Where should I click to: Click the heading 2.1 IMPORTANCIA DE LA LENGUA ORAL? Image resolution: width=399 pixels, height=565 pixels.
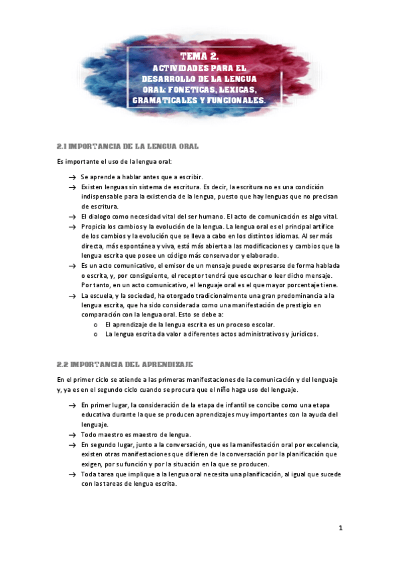(128, 145)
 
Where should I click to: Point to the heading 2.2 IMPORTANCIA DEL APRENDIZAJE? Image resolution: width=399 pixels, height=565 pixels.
(125, 364)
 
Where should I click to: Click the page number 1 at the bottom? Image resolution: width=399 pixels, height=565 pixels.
(340, 528)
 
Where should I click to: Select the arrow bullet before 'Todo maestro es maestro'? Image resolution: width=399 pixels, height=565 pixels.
(71, 434)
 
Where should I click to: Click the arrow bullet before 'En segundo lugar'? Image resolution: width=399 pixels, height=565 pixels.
(71, 444)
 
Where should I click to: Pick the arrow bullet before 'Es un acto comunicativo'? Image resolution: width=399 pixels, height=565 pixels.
(71, 265)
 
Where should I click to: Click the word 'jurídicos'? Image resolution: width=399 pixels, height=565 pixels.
(303, 334)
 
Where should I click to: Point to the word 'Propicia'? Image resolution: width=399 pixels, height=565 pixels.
(94, 227)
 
